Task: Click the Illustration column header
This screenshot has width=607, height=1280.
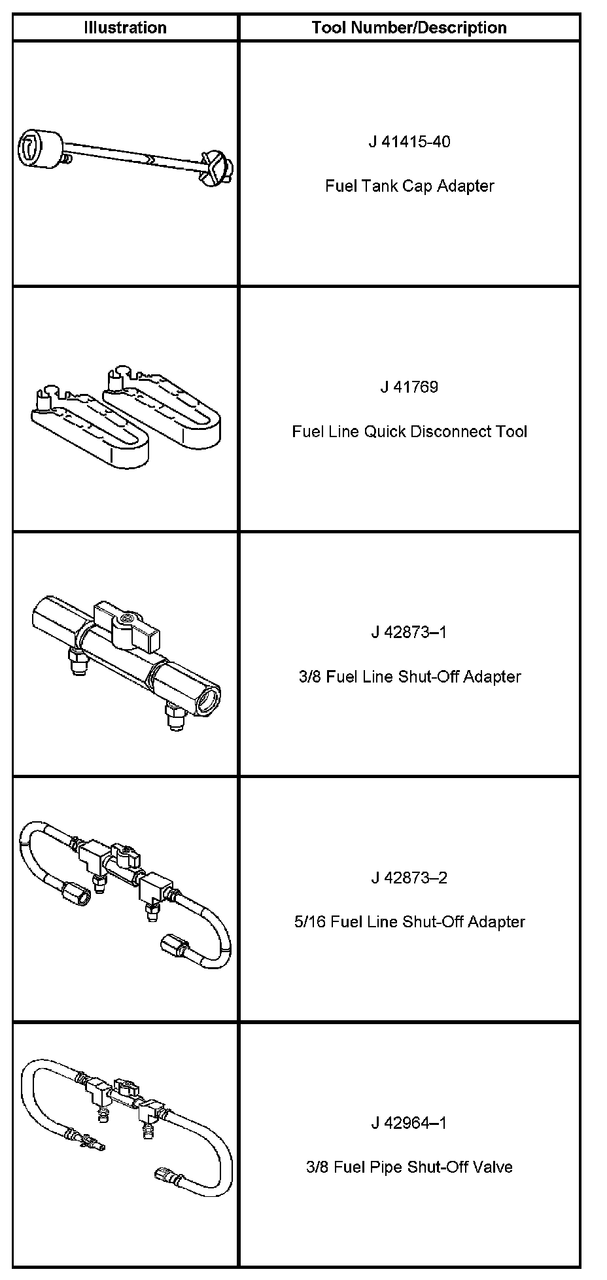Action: pos(125,27)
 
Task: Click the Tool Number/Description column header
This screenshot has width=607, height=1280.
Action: pos(409,27)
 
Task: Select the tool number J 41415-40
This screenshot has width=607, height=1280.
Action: pos(409,141)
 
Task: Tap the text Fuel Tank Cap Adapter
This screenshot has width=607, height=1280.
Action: pos(409,186)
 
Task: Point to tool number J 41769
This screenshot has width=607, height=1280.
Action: pos(409,387)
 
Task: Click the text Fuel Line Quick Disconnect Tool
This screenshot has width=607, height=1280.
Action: pos(409,431)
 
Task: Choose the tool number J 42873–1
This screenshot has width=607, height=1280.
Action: pos(409,632)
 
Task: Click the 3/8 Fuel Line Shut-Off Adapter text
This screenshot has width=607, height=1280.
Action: pos(409,677)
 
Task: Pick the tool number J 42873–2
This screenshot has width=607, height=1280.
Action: pos(409,878)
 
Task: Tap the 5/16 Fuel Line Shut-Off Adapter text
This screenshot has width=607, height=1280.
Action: pos(409,922)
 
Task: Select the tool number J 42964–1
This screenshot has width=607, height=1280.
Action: pos(409,1123)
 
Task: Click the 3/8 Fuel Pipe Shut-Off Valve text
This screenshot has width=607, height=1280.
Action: pos(409,1167)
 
